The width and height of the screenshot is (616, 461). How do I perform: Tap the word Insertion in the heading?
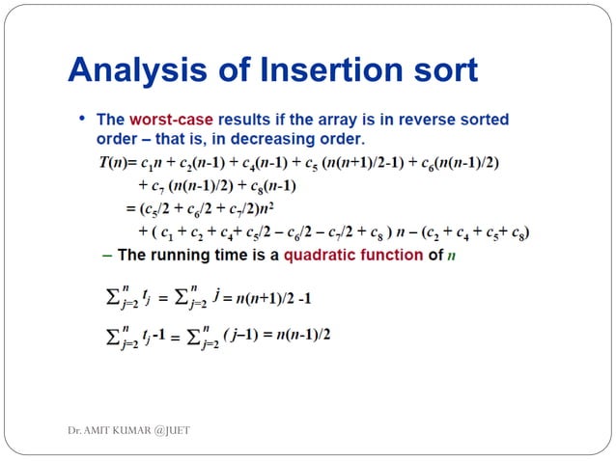(313, 70)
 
